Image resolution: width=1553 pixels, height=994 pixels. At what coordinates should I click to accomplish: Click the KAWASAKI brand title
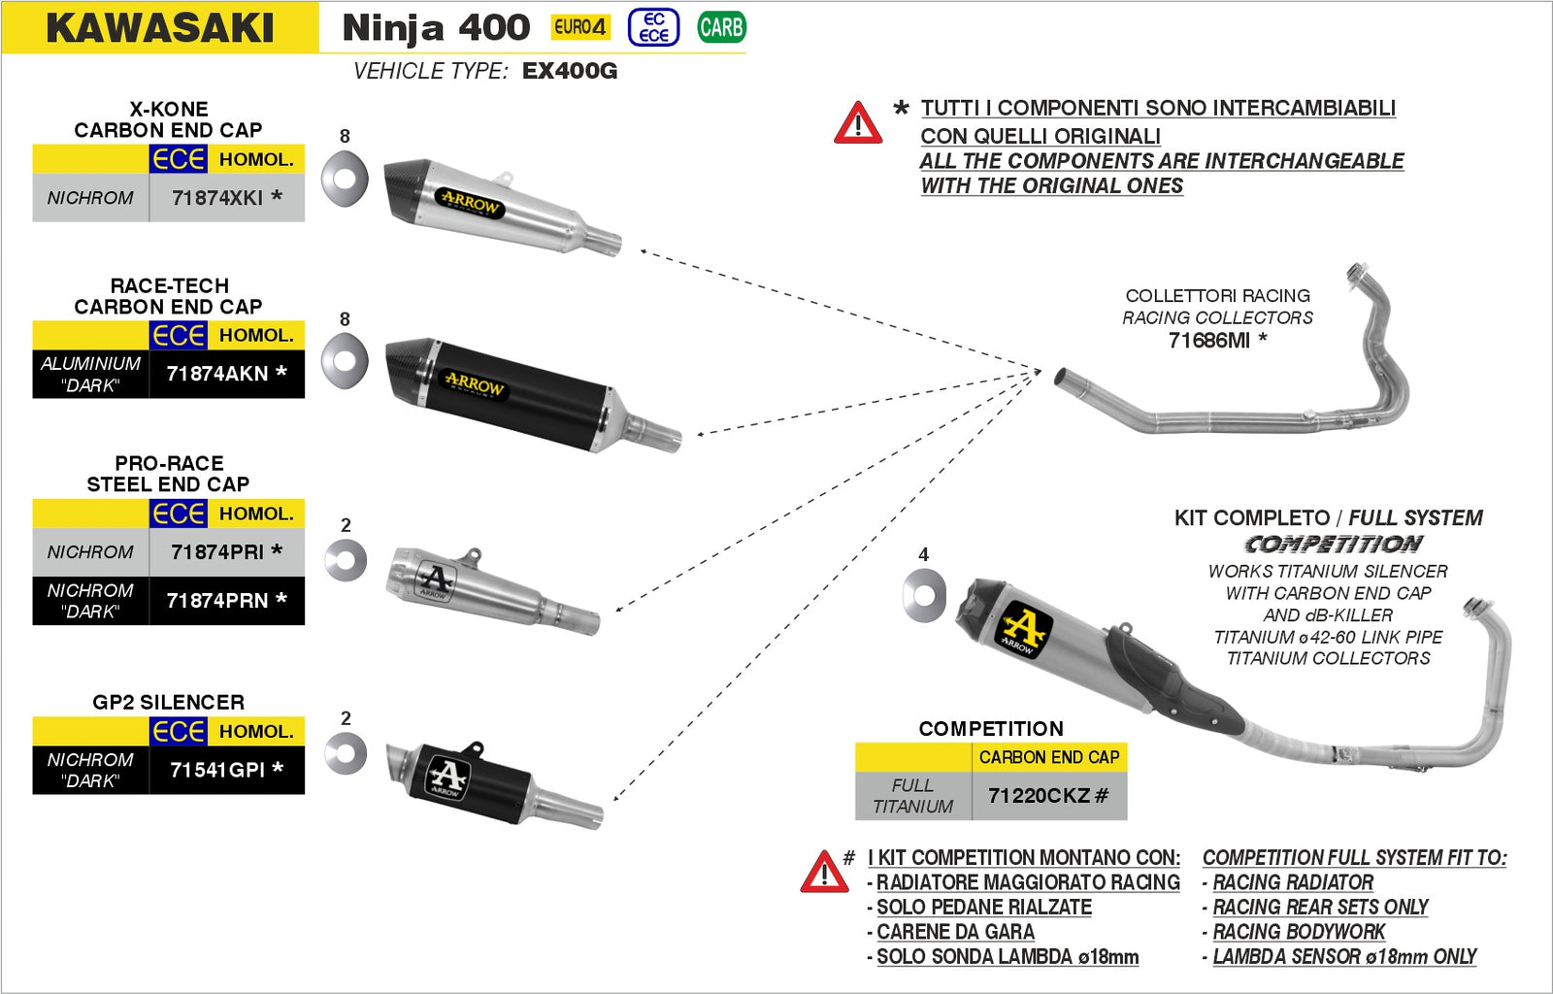[x=160, y=28]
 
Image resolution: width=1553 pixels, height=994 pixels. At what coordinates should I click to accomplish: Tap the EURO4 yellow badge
[x=580, y=27]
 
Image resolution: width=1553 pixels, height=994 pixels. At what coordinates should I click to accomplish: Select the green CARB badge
[x=721, y=27]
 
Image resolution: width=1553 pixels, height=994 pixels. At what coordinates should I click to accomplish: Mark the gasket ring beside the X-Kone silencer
[x=345, y=179]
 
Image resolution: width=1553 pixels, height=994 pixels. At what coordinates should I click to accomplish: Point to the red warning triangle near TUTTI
[x=858, y=124]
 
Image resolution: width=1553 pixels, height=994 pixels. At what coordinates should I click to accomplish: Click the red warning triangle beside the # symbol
[x=824, y=872]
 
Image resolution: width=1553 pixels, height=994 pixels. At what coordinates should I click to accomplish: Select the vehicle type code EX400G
[x=569, y=71]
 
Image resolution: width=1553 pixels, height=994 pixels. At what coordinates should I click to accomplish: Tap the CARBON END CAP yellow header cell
[x=1048, y=757]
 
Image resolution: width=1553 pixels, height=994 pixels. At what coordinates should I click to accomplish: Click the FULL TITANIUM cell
[x=912, y=796]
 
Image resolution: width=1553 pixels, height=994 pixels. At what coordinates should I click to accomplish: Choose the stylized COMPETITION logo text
[x=1334, y=545]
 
